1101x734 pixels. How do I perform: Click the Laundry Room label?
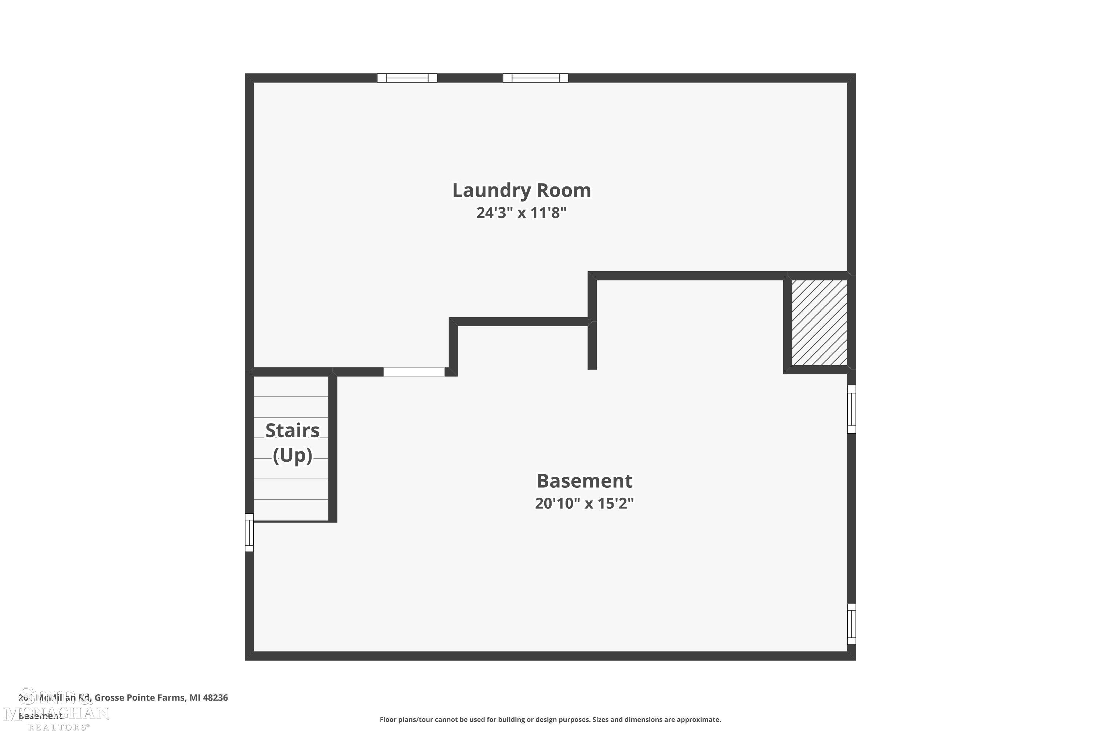[521, 190]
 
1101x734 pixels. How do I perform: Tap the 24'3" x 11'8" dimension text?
[521, 213]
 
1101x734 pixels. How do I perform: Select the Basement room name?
[584, 481]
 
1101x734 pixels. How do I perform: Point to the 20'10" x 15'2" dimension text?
[584, 503]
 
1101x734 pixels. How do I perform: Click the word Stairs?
[292, 430]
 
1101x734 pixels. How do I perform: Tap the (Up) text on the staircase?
[292, 455]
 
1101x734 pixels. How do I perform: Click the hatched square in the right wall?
[819, 323]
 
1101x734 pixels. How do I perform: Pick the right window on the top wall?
[535, 78]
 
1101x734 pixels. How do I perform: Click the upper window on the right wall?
[851, 409]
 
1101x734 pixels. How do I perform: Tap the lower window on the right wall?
[851, 624]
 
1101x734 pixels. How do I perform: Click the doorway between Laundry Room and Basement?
[414, 372]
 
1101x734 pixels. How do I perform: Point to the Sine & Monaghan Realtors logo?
[56, 709]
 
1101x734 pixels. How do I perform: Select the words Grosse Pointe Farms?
[139, 698]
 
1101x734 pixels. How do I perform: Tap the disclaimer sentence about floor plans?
[550, 719]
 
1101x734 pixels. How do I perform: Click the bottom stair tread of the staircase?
[291, 510]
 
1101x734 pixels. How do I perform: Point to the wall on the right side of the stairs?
[333, 448]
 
